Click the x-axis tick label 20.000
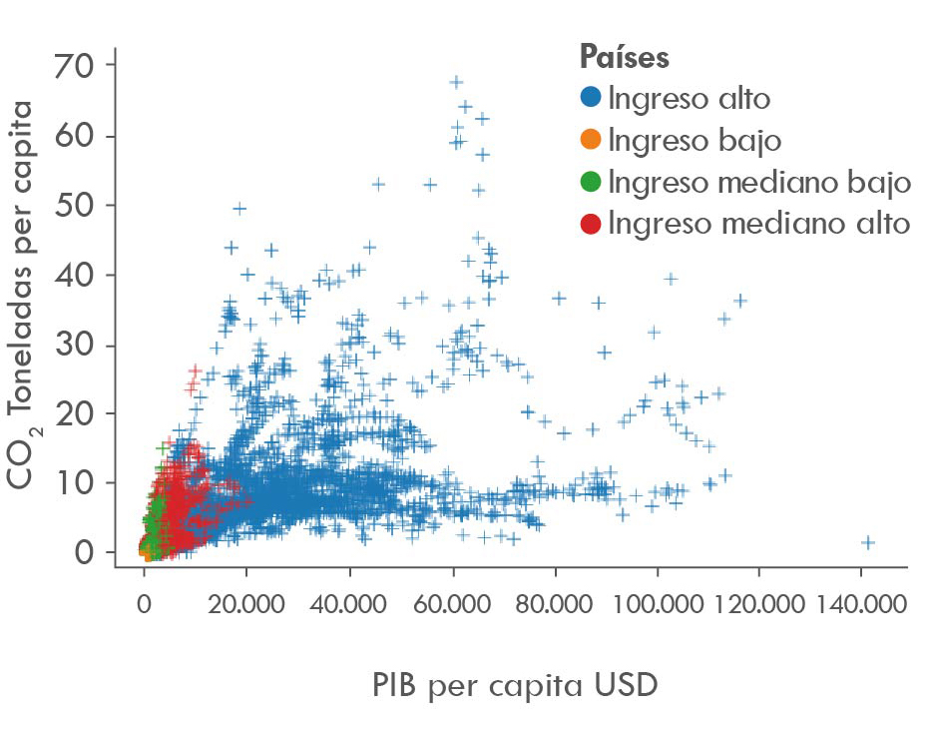[246, 604]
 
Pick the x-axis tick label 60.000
[452, 604]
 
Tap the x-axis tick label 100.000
[658, 604]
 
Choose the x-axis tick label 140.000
[863, 604]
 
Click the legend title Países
[624, 57]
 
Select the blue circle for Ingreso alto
[591, 98]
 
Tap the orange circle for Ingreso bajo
[591, 140]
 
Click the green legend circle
[591, 182]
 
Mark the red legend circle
[591, 224]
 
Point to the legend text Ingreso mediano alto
[758, 224]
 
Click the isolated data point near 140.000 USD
[868, 542]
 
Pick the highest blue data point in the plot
[456, 82]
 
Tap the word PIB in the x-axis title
[398, 685]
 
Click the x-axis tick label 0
[144, 604]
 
